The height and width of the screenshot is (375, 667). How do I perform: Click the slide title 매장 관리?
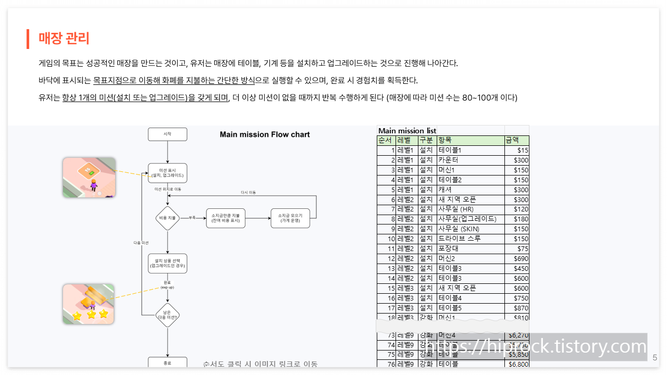click(x=64, y=39)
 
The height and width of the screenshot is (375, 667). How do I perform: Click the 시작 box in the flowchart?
click(x=167, y=134)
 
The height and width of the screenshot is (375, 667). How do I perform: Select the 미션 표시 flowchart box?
click(x=167, y=173)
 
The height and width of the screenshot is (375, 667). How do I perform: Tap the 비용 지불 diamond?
click(x=167, y=218)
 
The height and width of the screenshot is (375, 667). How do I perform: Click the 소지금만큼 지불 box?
click(x=226, y=218)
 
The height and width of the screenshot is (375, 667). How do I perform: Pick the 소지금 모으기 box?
click(x=290, y=218)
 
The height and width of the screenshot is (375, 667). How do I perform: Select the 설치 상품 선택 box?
click(x=167, y=263)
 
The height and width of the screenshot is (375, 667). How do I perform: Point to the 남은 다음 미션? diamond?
click(x=167, y=315)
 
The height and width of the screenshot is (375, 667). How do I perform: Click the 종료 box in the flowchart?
click(x=167, y=363)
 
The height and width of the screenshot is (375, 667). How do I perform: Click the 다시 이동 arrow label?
click(x=248, y=193)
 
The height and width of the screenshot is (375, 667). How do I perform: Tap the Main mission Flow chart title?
click(x=265, y=134)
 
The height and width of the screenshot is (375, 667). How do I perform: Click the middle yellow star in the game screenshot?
click(x=91, y=315)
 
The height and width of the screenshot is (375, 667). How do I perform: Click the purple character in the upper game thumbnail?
click(x=94, y=184)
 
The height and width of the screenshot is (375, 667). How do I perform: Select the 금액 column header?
click(x=516, y=141)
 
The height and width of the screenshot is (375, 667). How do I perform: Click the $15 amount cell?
click(x=516, y=151)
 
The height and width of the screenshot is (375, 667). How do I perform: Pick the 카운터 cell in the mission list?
click(x=470, y=160)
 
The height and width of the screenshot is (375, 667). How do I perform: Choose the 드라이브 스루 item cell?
click(x=470, y=239)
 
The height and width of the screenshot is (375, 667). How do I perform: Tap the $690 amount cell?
click(x=516, y=258)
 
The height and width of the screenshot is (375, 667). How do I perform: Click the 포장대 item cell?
click(x=470, y=248)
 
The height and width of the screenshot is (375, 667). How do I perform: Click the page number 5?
click(x=655, y=358)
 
